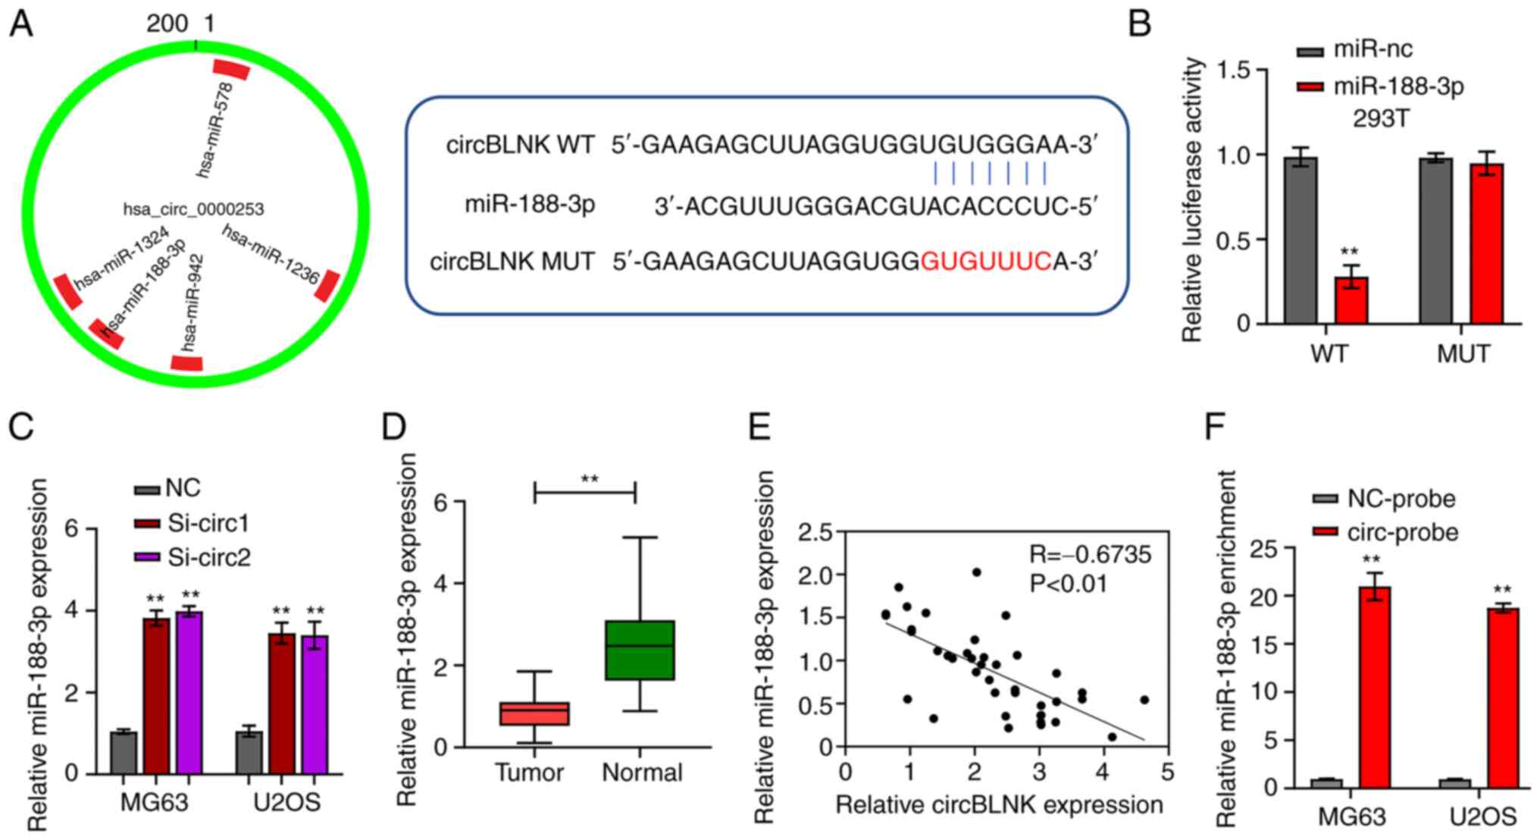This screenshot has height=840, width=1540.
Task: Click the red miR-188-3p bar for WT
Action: coord(1351,301)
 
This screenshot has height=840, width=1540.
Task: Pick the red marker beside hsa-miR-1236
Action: coord(328,285)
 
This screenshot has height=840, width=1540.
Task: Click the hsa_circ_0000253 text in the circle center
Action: coord(193,209)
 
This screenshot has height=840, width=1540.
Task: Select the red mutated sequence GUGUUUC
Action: coord(985,262)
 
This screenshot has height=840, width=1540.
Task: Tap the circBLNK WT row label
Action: coord(520,145)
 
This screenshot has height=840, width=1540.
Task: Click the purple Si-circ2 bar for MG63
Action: coord(189,691)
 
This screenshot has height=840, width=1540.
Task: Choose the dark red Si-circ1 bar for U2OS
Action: coord(282,703)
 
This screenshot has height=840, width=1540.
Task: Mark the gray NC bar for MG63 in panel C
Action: coord(123,752)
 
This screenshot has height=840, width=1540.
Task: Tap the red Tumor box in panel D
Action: coord(534,713)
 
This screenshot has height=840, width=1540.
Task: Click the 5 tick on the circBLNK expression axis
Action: coord(1167,773)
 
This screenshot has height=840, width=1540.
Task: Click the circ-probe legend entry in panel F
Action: coord(1386,532)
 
